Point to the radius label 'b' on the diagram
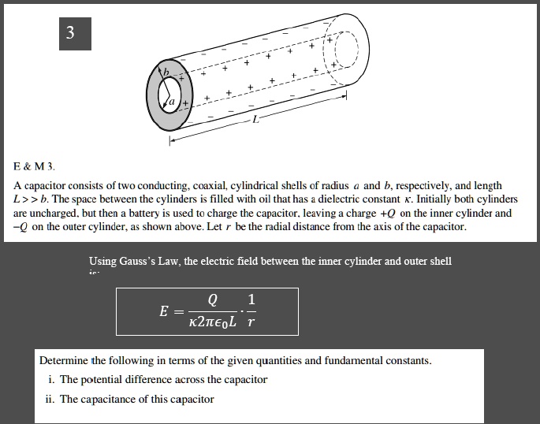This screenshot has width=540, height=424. [x=166, y=73]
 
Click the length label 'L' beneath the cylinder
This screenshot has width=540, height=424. [x=254, y=121]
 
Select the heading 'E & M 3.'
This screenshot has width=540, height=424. [x=35, y=167]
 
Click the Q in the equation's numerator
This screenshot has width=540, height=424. [x=212, y=300]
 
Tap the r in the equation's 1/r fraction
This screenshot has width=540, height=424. [x=251, y=322]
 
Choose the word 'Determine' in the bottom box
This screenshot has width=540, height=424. [x=65, y=361]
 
